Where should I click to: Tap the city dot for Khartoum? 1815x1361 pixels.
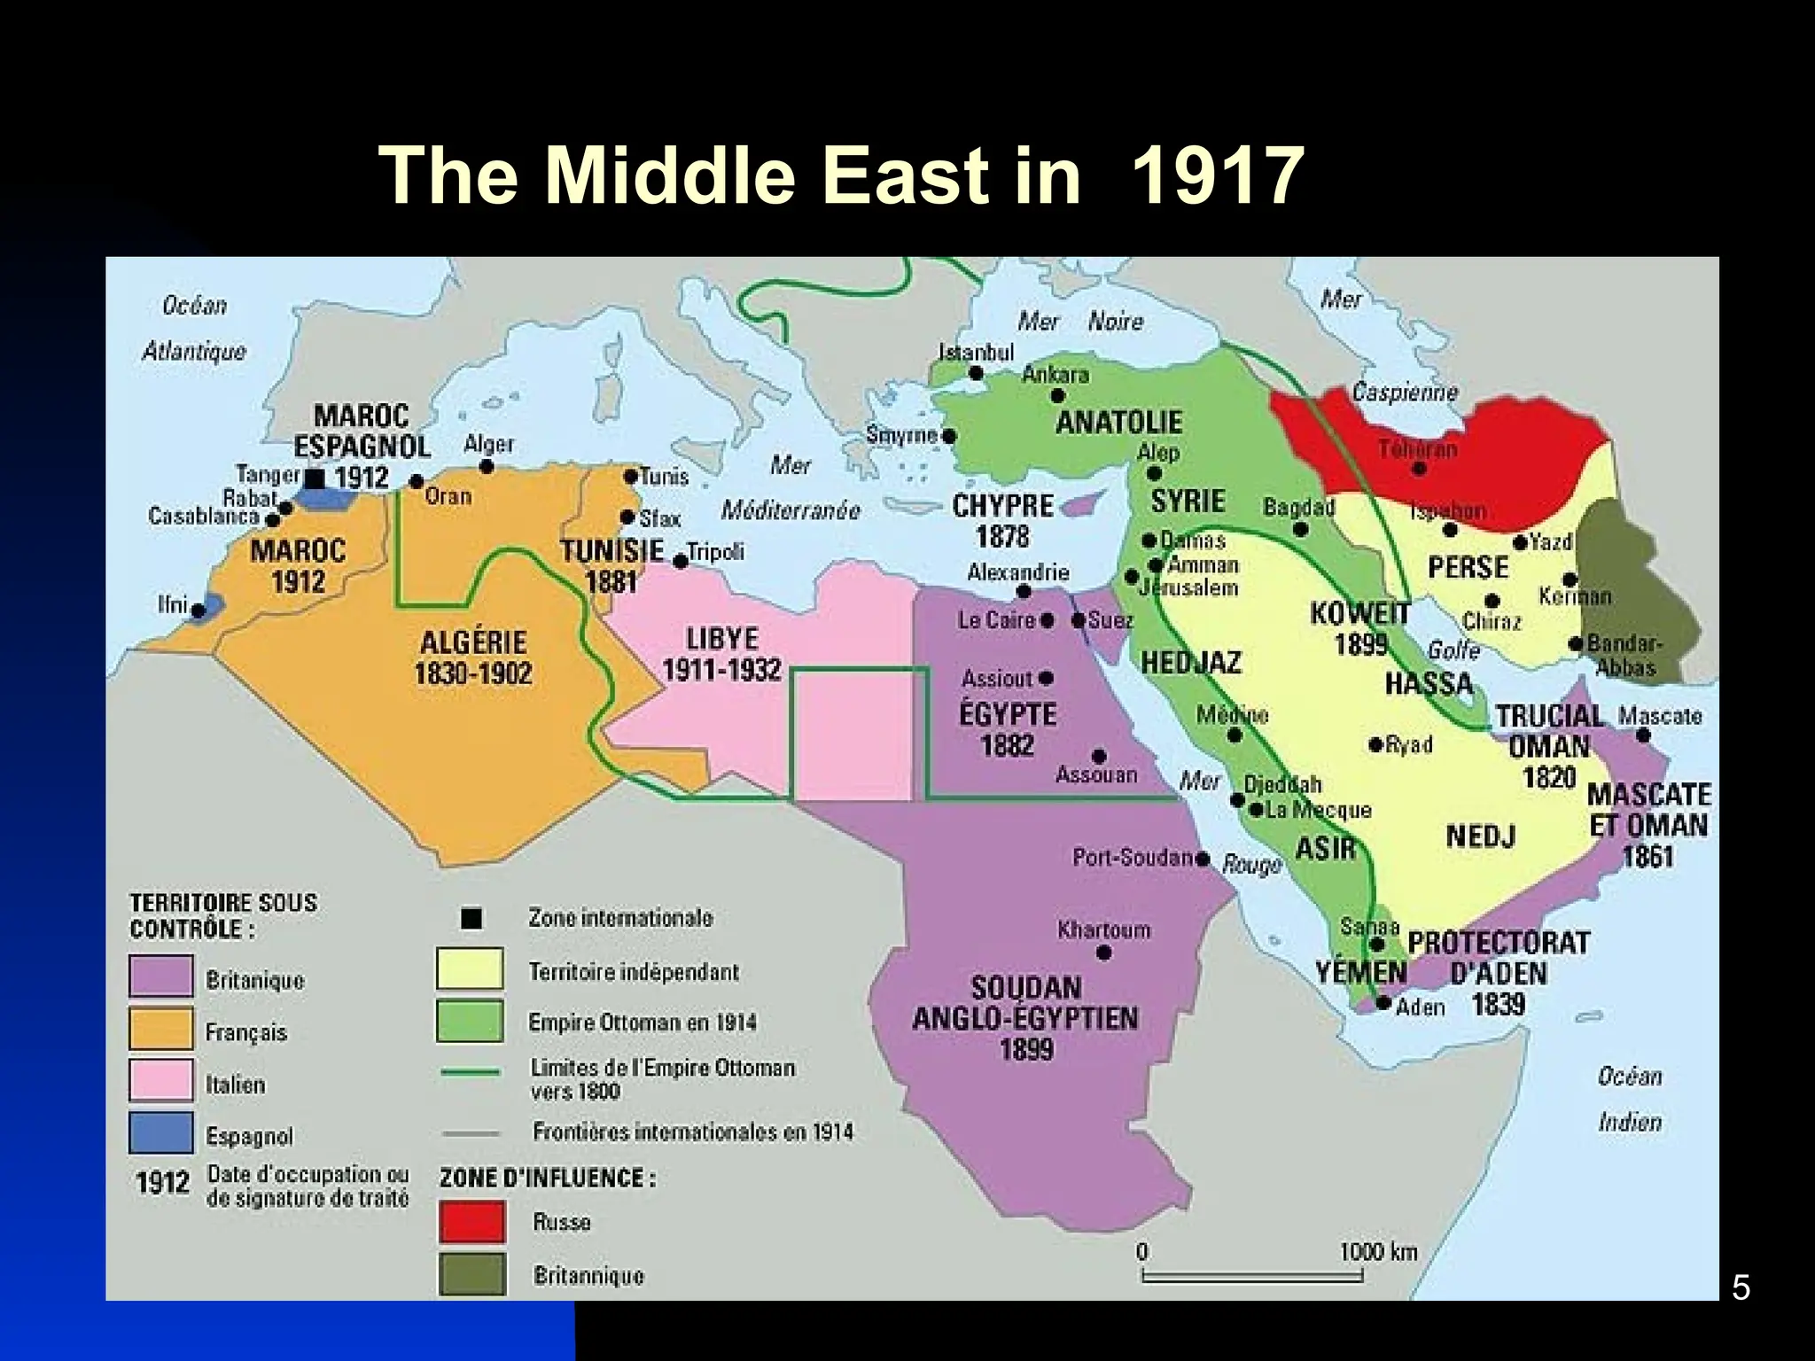pyautogui.click(x=1103, y=953)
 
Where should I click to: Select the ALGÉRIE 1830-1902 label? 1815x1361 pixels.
pyautogui.click(x=473, y=657)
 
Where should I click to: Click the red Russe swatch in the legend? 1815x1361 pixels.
pyautogui.click(x=471, y=1222)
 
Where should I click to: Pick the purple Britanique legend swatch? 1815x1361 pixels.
pyautogui.click(x=160, y=976)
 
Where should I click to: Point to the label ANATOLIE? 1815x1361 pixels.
pyautogui.click(x=1118, y=422)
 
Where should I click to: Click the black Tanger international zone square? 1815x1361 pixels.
pyautogui.click(x=315, y=478)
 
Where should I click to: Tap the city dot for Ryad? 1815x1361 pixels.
pyautogui.click(x=1375, y=745)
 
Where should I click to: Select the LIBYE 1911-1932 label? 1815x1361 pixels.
pyautogui.click(x=721, y=654)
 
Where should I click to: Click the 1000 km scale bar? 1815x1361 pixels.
pyautogui.click(x=1251, y=1277)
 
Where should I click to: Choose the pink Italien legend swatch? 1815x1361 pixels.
pyautogui.click(x=160, y=1080)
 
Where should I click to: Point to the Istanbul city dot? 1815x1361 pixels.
pyautogui.click(x=975, y=373)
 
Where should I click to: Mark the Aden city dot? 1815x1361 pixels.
pyautogui.click(x=1383, y=1003)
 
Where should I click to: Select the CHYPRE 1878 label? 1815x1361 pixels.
pyautogui.click(x=1003, y=521)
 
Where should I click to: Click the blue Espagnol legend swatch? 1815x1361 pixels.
pyautogui.click(x=160, y=1132)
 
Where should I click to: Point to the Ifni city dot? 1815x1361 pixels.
pyautogui.click(x=199, y=611)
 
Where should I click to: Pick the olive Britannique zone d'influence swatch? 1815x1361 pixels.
pyautogui.click(x=471, y=1274)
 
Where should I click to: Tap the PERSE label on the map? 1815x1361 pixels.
pyautogui.click(x=1468, y=567)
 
